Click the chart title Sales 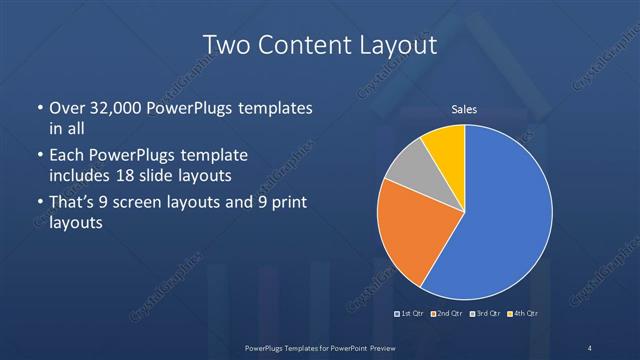(x=465, y=108)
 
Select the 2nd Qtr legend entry (x=447, y=315)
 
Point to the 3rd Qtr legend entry (x=486, y=315)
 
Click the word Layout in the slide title (x=401, y=46)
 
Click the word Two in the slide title (x=226, y=46)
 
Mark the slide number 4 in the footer (x=590, y=347)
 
